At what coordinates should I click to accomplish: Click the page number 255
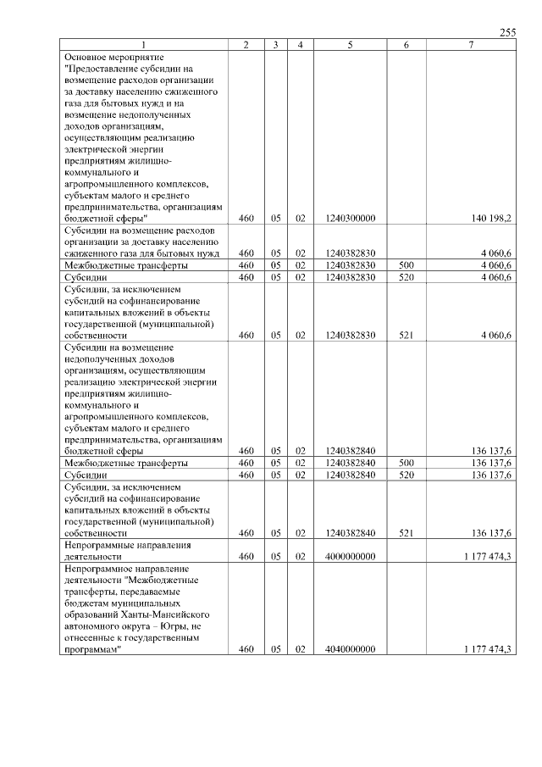pos(507,32)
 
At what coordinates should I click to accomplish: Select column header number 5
pos(349,44)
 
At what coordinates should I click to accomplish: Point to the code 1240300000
pos(350,218)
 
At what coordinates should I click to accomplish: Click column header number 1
pos(143,44)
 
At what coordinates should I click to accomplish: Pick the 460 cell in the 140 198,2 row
pos(246,218)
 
